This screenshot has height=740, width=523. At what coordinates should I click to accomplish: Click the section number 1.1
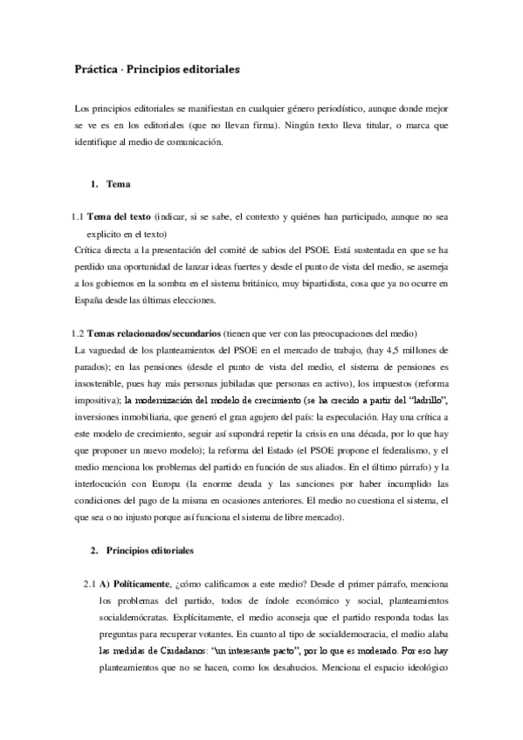pyautogui.click(x=77, y=216)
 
